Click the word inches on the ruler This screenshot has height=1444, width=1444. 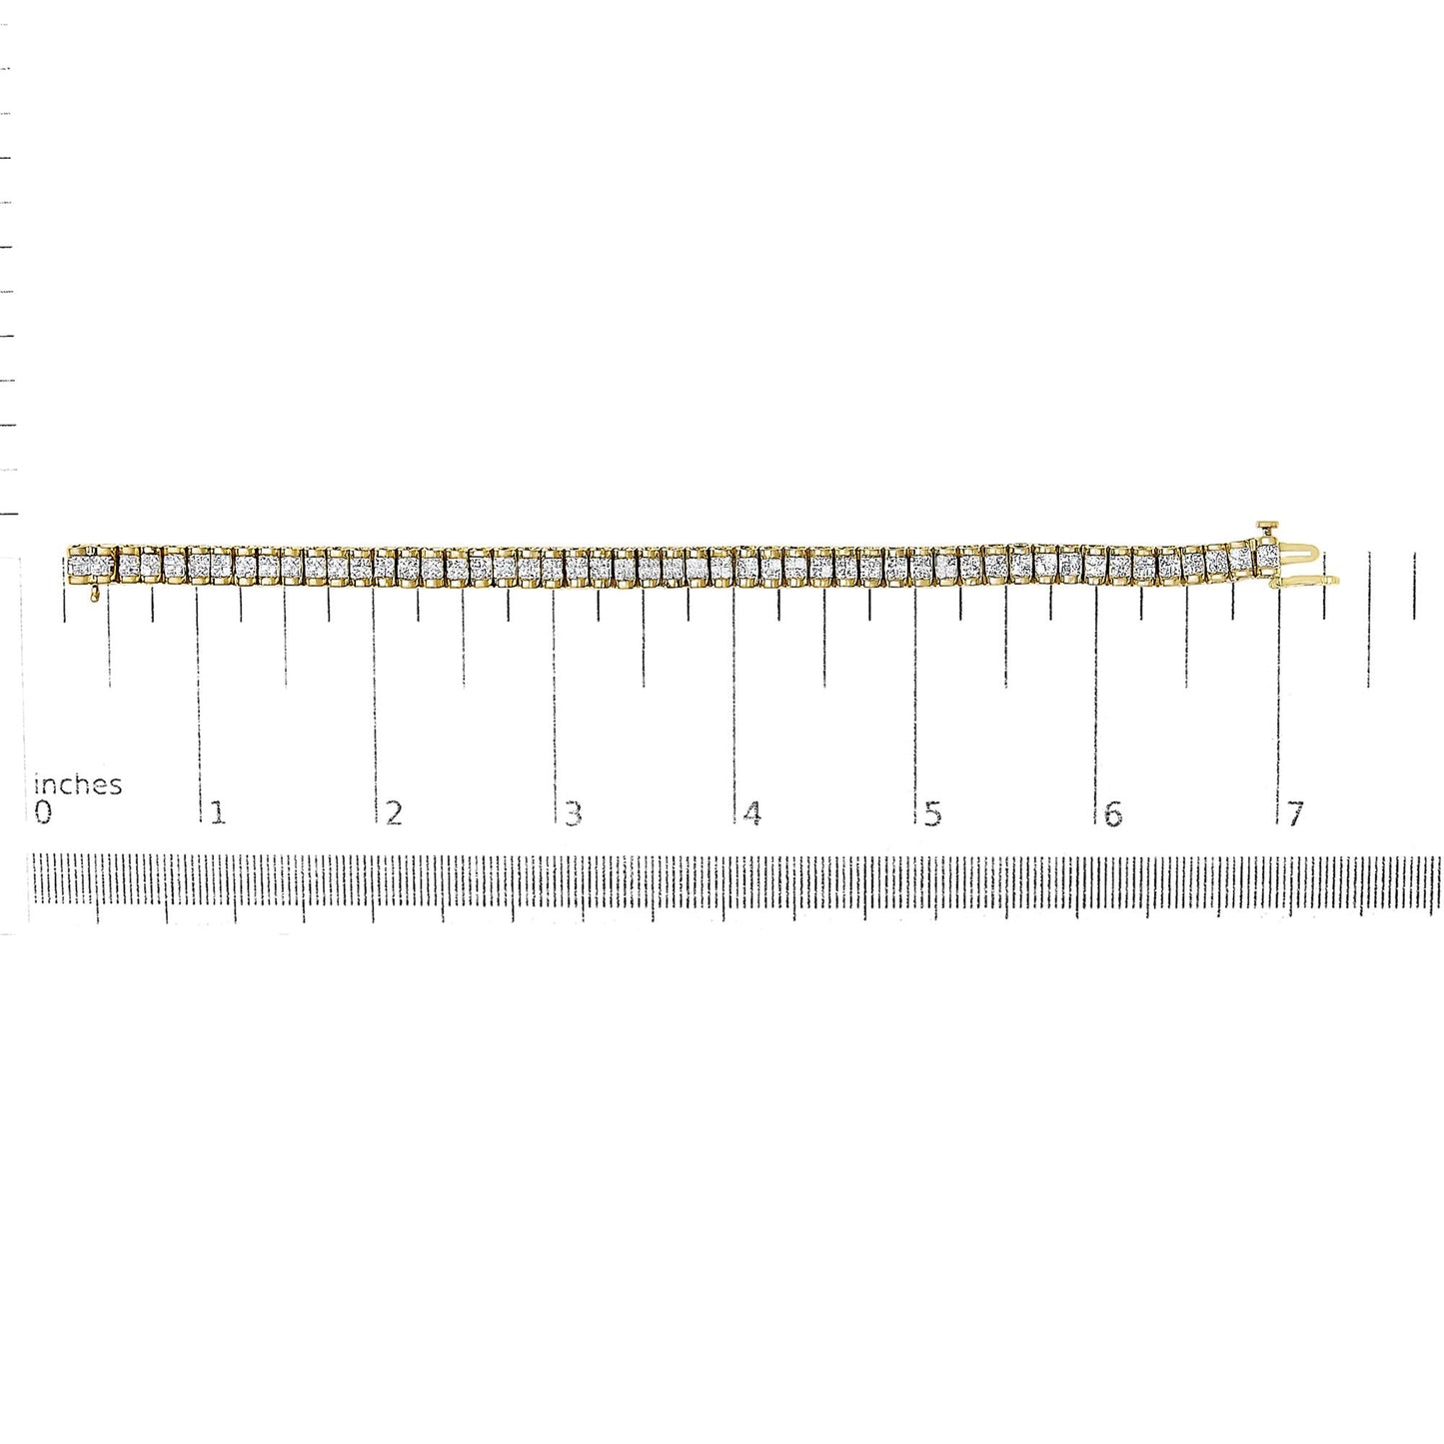point(78,784)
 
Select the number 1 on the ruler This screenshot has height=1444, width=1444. point(218,813)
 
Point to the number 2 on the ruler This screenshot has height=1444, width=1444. point(395,813)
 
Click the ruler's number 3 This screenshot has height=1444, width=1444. point(573,813)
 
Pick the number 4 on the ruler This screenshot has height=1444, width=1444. point(752,813)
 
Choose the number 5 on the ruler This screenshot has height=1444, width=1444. point(932,813)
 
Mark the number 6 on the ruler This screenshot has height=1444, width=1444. point(1113,813)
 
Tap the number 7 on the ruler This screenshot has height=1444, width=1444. point(1295,813)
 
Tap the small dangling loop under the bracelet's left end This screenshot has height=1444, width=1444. point(94,595)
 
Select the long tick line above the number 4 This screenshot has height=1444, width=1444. point(734,700)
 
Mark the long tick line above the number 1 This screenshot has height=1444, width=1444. point(198,700)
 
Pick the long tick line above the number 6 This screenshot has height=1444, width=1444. point(1096,700)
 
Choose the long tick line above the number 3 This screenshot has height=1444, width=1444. point(555,700)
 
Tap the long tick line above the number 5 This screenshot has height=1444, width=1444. point(914,700)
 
